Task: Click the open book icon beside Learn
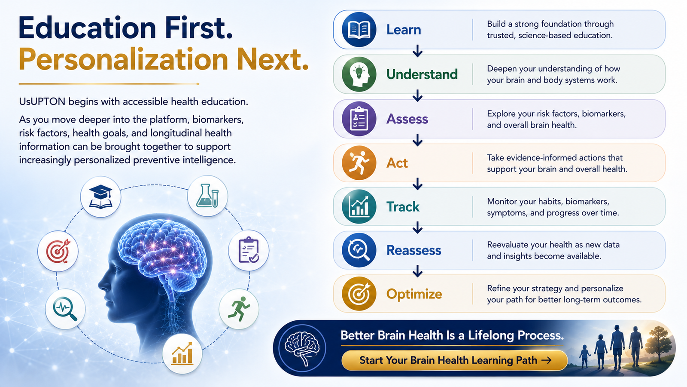coord(359,30)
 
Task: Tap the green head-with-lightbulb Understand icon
coord(359,74)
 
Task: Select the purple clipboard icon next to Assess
coord(359,119)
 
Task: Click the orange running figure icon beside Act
coord(359,163)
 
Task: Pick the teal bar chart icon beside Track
coord(359,206)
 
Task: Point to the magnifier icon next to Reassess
coord(359,250)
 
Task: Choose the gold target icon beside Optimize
coord(359,294)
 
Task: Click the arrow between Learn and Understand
coord(417,51)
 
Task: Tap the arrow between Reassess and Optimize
coord(417,271)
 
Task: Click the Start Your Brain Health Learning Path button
coord(455,360)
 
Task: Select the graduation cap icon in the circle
coord(100,197)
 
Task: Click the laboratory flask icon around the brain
coord(207,196)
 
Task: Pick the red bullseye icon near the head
coord(58,251)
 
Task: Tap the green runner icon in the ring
coord(239,309)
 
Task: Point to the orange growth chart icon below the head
coord(182,353)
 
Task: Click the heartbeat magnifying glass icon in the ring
coord(65,309)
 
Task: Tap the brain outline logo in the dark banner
coord(302,348)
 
